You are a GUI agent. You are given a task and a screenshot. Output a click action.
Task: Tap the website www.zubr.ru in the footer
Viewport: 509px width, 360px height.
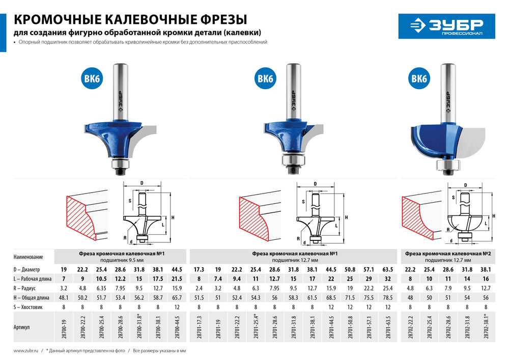tap(27, 351)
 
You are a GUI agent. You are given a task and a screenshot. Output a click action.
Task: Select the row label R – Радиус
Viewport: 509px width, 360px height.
tap(25, 288)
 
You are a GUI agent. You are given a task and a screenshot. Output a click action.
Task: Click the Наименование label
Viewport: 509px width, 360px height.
tap(28, 257)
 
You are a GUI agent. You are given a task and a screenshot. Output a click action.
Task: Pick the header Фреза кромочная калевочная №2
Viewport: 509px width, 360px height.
tap(447, 253)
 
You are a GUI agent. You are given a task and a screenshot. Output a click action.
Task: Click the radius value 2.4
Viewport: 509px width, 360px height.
tap(199, 288)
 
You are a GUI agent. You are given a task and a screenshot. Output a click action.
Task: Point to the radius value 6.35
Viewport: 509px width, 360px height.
tap(102, 288)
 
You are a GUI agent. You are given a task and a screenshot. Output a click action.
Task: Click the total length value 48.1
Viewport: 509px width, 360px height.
tap(64, 297)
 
